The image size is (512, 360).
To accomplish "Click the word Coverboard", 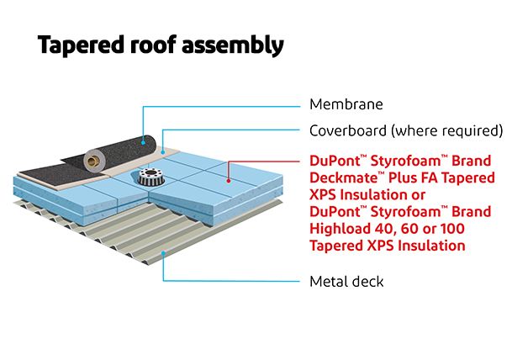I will coord(347,130).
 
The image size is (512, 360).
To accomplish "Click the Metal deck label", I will coord(346,281).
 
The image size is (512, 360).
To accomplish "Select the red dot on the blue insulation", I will coord(229,179).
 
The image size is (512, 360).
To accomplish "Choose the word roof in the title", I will coord(157,45).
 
